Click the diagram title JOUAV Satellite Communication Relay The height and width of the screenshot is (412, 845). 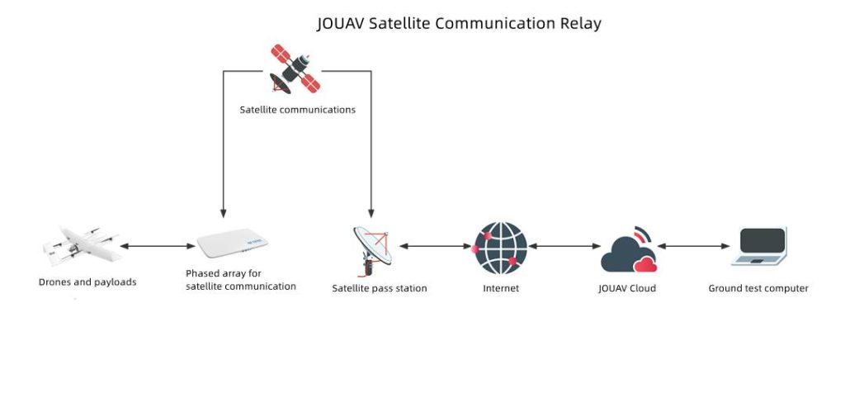coord(459,23)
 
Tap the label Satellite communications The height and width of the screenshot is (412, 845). coord(298,110)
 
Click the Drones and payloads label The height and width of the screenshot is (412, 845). coord(87,282)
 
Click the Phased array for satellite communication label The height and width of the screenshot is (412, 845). coord(241,280)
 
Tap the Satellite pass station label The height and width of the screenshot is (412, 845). coord(380,289)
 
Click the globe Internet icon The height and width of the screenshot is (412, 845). coord(500,247)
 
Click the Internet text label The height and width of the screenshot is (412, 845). coord(501,289)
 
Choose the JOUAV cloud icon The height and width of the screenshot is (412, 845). coord(630,249)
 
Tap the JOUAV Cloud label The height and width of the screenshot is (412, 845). coord(627,289)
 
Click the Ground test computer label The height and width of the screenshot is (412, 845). coord(758,289)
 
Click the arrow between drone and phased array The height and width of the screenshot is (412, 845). coord(157,246)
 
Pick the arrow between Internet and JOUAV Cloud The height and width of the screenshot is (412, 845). coord(564,246)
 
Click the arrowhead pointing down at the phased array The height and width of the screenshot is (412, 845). coord(223,211)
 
